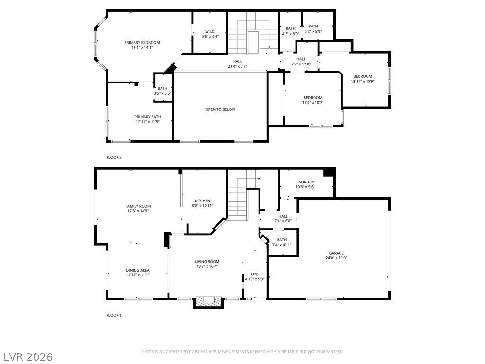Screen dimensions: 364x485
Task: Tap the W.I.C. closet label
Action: point(210,31)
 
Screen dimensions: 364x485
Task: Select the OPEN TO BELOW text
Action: point(220,109)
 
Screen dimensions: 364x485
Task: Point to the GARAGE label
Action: point(336,253)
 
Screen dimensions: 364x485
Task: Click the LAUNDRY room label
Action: point(305,182)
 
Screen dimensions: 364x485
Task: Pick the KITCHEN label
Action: point(202,201)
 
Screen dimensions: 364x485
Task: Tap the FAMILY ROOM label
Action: point(138,206)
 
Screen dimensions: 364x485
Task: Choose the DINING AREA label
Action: point(138,270)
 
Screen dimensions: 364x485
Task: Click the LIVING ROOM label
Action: point(207,262)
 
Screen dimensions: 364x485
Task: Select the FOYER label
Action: point(255,274)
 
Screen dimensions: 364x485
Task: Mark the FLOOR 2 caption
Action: point(114,157)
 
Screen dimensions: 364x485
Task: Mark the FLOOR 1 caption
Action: point(114,315)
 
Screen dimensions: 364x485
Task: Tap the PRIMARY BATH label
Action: point(147,117)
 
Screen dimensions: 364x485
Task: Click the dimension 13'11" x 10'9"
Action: point(362,82)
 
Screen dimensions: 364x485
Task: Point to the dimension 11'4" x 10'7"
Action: point(313,102)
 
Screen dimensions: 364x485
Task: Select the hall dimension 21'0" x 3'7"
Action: point(237,66)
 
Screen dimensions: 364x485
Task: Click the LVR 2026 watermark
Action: point(28,356)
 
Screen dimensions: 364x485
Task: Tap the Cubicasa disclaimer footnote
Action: point(242,352)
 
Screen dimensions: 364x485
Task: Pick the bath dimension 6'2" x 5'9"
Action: point(313,31)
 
